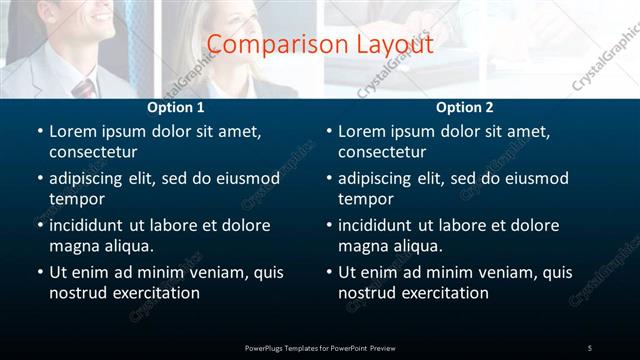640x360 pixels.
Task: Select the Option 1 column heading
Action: [x=176, y=107]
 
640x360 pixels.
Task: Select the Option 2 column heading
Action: [x=465, y=107]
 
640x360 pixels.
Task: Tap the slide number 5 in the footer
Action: [x=590, y=347]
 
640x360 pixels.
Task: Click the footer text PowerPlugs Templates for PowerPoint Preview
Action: [x=320, y=347]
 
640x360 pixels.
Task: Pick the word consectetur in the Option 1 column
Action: [x=93, y=152]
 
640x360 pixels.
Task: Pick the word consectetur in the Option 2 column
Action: [x=382, y=152]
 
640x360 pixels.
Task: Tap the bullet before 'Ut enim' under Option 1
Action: [x=39, y=272]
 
